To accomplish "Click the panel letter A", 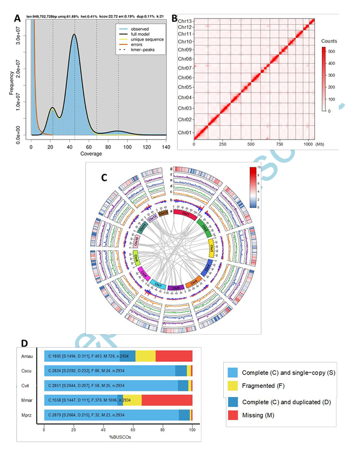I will point(17,19).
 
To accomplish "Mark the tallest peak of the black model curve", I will point(74,34).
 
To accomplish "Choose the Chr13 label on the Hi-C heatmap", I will point(185,21).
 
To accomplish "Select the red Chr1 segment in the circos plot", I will point(186,215).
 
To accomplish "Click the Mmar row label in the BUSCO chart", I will point(28,399).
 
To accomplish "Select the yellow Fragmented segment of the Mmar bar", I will point(135,399).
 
